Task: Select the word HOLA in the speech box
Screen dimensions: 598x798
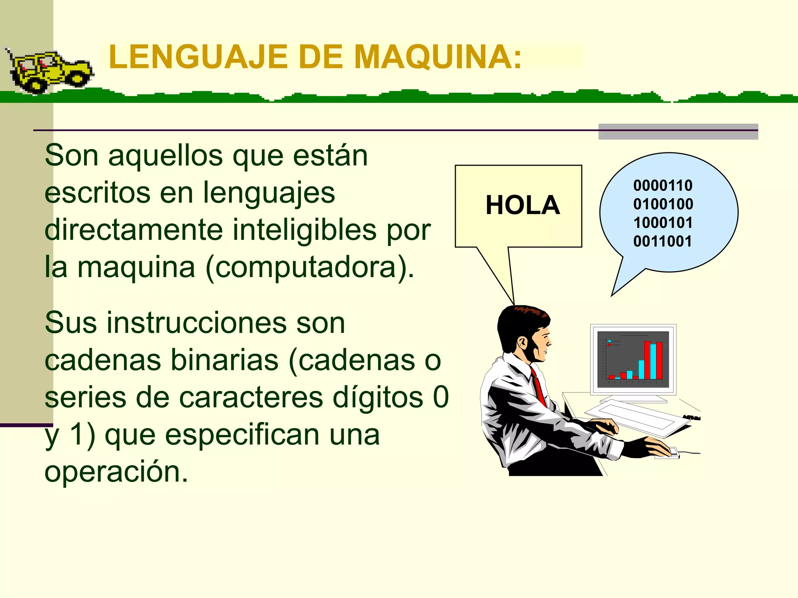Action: [x=523, y=205]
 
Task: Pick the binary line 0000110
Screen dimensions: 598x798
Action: [x=663, y=186]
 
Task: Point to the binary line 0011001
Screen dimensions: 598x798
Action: [x=662, y=241]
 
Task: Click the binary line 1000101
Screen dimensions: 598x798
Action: [x=663, y=223]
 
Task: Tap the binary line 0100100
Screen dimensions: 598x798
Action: [x=663, y=204]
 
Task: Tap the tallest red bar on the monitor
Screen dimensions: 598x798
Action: [x=647, y=360]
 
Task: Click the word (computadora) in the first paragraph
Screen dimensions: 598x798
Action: [x=310, y=268]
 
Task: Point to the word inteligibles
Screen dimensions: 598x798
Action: [x=305, y=230]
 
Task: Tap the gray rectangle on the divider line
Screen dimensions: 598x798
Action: [x=678, y=132]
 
